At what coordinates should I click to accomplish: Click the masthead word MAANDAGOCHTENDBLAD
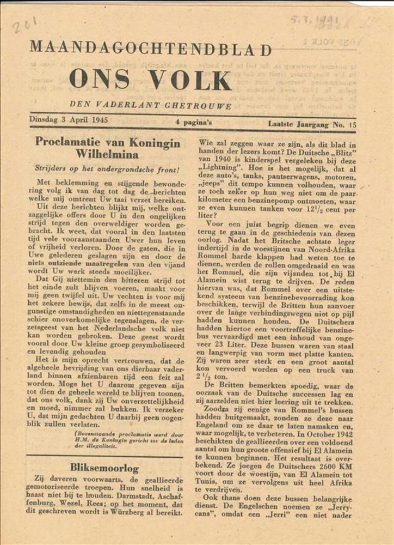[150, 49]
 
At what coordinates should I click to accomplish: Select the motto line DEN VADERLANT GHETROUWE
[150, 105]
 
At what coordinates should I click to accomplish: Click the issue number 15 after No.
[353, 125]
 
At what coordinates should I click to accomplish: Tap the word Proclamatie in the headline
[67, 142]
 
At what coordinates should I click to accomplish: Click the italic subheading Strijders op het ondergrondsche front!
[107, 169]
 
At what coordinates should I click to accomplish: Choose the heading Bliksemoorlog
[104, 467]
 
